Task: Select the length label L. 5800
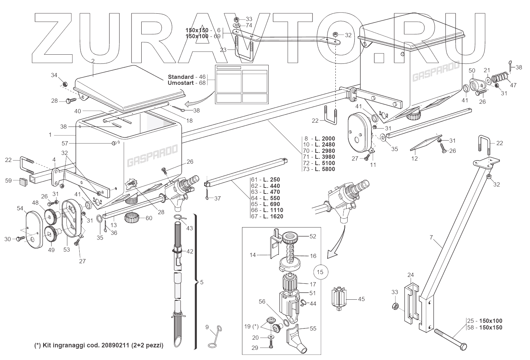click(x=325, y=169)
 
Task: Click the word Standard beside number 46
click(x=181, y=77)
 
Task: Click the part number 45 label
click(x=361, y=299)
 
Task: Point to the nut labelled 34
click(x=65, y=84)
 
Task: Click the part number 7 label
click(x=431, y=237)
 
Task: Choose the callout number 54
click(x=20, y=209)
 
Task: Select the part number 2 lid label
click(x=93, y=61)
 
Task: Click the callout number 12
click(x=415, y=158)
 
